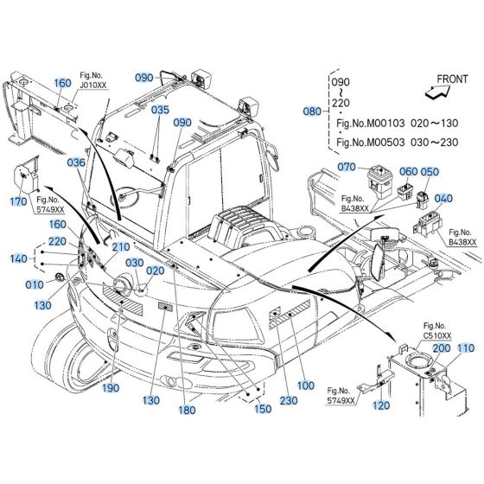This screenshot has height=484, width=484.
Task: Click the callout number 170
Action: click(19, 201)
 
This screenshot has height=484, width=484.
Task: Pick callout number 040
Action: click(443, 198)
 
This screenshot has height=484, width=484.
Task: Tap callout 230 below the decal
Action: click(288, 400)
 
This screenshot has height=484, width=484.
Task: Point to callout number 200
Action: click(441, 347)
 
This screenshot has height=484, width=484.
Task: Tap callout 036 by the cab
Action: click(77, 162)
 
